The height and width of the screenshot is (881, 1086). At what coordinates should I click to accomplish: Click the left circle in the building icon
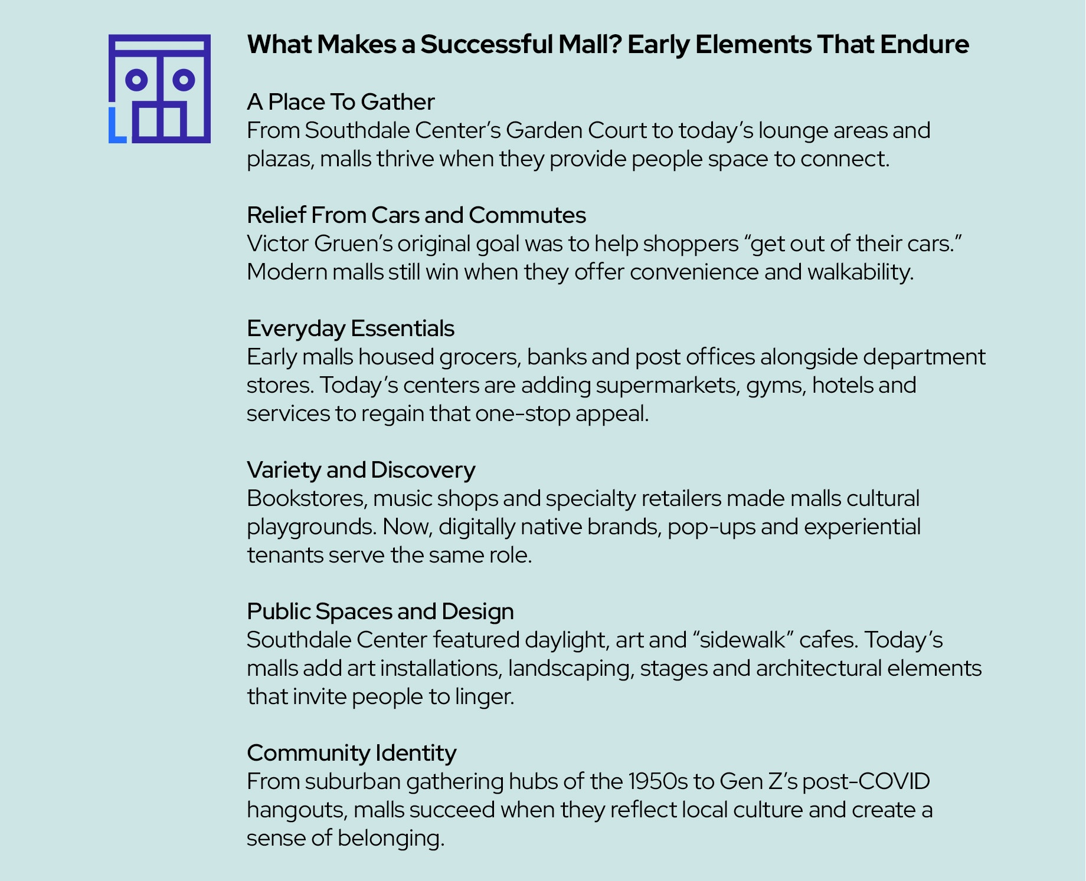136,80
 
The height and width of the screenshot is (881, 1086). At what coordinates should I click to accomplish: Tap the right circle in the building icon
184,80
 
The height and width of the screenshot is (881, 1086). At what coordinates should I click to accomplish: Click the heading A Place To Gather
341,102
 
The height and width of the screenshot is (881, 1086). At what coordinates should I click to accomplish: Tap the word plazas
280,159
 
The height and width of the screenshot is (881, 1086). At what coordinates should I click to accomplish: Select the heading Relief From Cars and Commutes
416,215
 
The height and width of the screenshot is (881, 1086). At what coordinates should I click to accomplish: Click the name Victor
277,244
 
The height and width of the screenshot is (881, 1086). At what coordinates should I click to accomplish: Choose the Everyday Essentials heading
351,328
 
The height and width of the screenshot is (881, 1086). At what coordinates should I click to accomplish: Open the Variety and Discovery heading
361,470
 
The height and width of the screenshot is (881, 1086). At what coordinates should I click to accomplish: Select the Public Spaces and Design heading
380,612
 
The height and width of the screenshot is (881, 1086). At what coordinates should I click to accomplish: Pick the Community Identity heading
351,753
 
